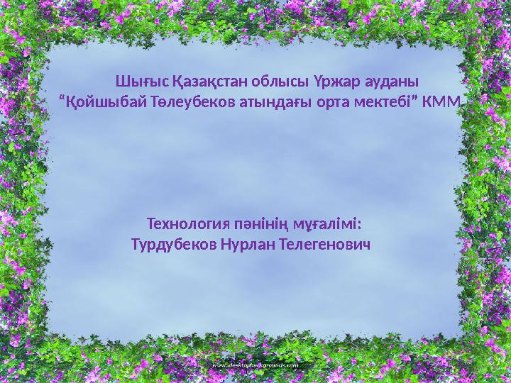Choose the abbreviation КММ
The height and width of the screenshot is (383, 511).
click(x=441, y=102)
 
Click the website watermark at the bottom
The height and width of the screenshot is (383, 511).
click(x=255, y=365)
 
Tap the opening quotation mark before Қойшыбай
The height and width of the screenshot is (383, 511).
click(x=62, y=99)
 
